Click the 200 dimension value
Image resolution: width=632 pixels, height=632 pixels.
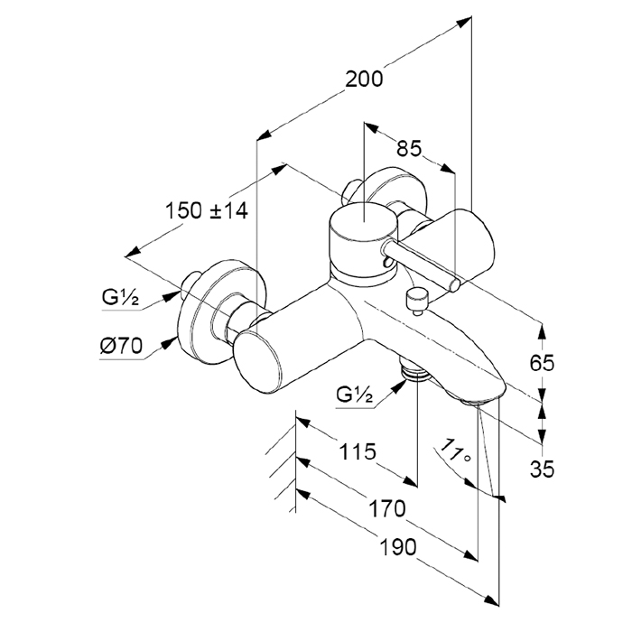pos(365,79)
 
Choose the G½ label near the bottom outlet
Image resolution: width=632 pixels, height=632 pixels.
pos(356,394)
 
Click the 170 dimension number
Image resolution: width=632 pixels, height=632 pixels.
pos(387,509)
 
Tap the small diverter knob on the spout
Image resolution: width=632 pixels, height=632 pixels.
pos(416,297)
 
